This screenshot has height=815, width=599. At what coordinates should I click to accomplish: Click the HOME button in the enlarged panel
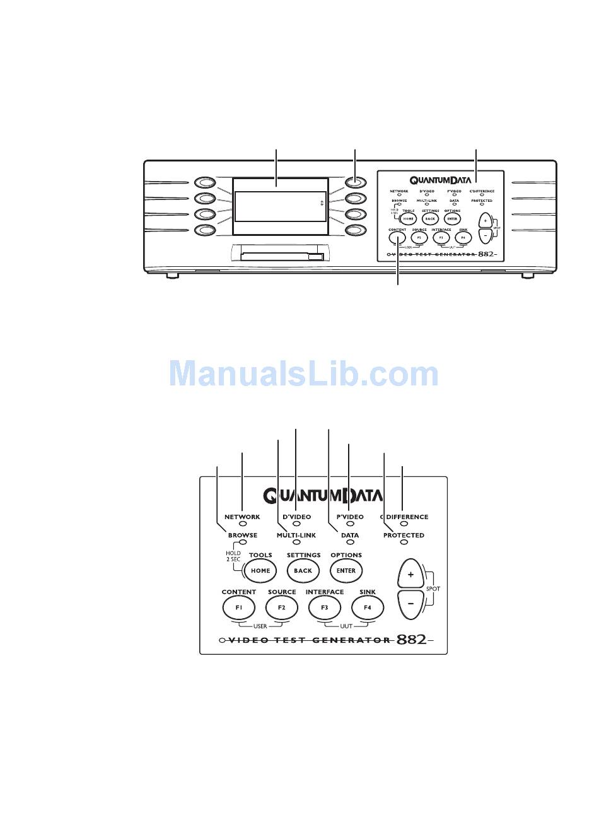(260, 570)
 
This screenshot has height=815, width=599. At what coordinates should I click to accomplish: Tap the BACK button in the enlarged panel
(303, 570)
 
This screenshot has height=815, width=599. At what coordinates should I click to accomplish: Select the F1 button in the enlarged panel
(238, 607)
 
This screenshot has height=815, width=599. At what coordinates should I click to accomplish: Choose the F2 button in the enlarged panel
(281, 607)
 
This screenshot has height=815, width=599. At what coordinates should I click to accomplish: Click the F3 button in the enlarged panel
(324, 607)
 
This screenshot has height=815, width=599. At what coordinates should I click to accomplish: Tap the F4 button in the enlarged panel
(367, 607)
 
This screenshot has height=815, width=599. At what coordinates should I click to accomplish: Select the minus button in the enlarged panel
(410, 604)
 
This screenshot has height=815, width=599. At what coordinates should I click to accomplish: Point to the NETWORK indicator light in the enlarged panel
(242, 524)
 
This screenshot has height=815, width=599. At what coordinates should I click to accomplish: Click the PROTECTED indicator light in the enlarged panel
(404, 542)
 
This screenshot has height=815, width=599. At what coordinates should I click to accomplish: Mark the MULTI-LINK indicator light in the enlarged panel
(296, 542)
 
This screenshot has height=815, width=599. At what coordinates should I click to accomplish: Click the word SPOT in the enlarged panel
(433, 589)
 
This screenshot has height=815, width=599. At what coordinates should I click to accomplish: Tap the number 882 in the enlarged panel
(411, 640)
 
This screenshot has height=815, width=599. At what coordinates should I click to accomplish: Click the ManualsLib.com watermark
(303, 374)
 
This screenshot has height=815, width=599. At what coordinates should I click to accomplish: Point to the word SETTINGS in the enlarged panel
(303, 555)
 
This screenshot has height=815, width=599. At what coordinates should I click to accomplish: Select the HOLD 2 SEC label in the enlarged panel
(233, 556)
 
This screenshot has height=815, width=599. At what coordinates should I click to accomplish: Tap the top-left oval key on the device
(204, 183)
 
